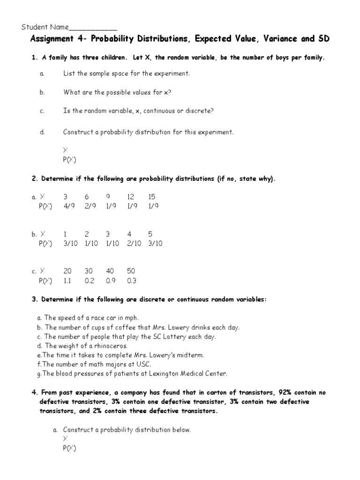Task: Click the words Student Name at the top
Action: (45, 27)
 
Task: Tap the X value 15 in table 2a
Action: (151, 197)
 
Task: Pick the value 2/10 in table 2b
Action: (134, 244)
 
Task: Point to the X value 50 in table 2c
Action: (131, 271)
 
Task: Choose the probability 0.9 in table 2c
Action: (110, 281)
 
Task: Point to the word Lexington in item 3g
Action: (164, 374)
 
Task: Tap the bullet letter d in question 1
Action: (42, 132)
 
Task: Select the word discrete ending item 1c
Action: (199, 111)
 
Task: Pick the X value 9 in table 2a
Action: (108, 197)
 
